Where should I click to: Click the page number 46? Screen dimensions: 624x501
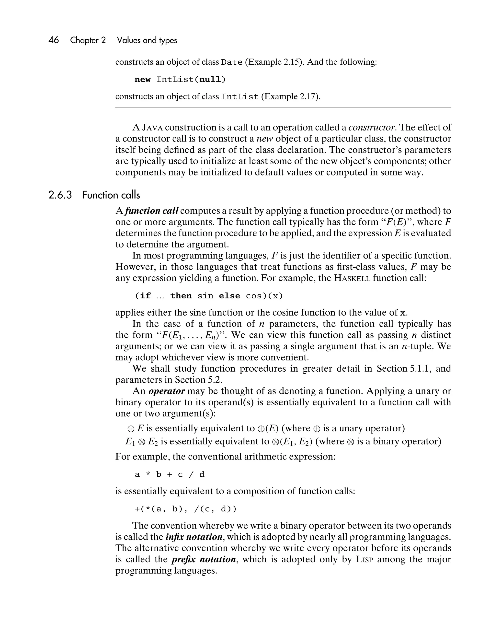point(54,40)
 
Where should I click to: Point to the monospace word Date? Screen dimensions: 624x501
point(231,62)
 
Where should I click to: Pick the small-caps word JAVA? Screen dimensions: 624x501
point(152,127)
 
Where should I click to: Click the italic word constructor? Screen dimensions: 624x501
point(371,127)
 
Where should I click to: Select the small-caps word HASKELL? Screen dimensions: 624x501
point(352,278)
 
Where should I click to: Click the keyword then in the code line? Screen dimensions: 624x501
point(181,296)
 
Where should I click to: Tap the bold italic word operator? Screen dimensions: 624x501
point(167,391)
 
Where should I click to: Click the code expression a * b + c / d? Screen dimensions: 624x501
point(170,474)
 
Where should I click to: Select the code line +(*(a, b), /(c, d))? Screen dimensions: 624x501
point(185,509)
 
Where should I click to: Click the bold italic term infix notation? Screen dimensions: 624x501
point(194,537)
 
